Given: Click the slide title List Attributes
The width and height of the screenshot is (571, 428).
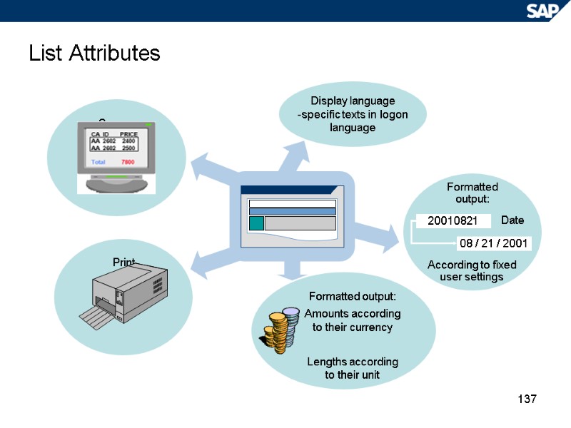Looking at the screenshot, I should [x=94, y=53].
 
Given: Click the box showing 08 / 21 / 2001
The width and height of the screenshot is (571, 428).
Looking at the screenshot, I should [x=493, y=243].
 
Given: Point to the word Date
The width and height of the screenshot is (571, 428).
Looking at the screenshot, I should [x=512, y=220].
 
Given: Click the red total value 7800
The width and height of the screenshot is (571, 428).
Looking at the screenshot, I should [x=128, y=163].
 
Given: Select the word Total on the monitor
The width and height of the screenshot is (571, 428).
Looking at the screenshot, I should [x=100, y=163].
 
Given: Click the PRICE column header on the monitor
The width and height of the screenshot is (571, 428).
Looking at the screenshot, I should [x=128, y=134].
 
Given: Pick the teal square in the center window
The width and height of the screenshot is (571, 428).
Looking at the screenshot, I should [x=256, y=223].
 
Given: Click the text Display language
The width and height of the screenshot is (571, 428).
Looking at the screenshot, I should [x=353, y=101].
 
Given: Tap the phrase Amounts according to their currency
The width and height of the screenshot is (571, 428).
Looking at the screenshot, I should [x=353, y=320].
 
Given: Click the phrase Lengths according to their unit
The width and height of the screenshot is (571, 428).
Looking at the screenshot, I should [x=353, y=368].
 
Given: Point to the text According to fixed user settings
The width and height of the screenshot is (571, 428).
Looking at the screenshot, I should [x=472, y=270].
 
